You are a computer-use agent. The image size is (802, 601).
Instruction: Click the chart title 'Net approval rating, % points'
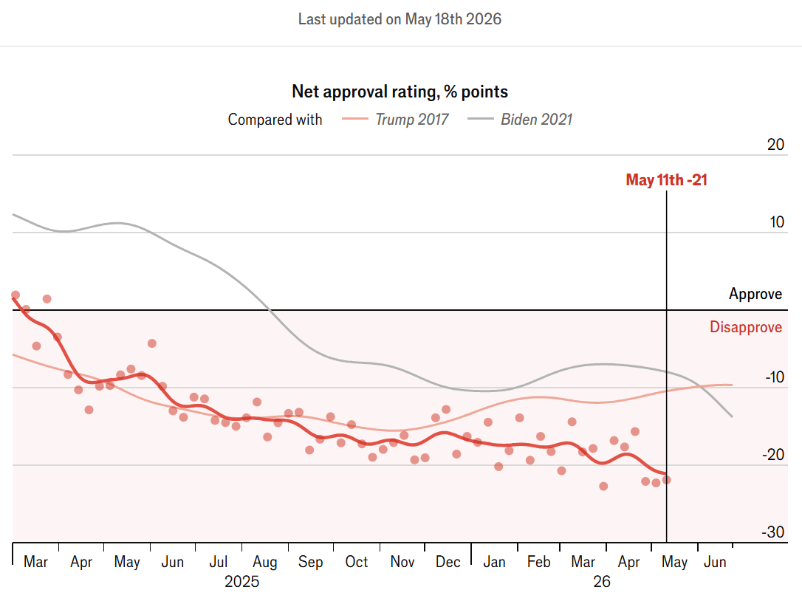[400, 92]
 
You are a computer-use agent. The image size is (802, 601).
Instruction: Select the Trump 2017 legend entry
[395, 119]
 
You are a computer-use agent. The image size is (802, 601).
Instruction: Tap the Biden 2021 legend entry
[520, 119]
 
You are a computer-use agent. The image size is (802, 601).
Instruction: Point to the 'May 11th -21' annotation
[666, 180]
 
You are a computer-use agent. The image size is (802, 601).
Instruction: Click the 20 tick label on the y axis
[775, 144]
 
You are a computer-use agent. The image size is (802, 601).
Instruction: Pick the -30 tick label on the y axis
[773, 532]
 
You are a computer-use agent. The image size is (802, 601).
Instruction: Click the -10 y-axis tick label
[775, 377]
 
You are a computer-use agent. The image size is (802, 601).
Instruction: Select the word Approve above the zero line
[755, 294]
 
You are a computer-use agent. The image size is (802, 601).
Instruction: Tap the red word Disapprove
[746, 327]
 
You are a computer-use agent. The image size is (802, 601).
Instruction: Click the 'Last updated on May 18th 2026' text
[400, 19]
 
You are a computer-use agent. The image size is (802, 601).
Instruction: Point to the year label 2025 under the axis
[242, 582]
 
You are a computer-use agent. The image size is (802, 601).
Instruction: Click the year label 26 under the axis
[602, 582]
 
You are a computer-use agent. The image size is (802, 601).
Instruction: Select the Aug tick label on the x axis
[265, 562]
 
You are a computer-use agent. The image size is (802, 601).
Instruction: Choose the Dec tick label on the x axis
[448, 562]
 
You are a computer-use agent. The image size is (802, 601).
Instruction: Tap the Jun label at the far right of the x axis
[715, 562]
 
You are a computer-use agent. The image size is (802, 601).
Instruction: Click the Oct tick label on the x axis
[357, 562]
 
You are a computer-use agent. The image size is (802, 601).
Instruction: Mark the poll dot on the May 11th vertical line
[666, 480]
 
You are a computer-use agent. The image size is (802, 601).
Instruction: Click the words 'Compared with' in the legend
[275, 119]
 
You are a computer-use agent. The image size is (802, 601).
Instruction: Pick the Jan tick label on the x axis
[494, 562]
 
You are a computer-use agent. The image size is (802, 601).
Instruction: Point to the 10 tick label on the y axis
[776, 222]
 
